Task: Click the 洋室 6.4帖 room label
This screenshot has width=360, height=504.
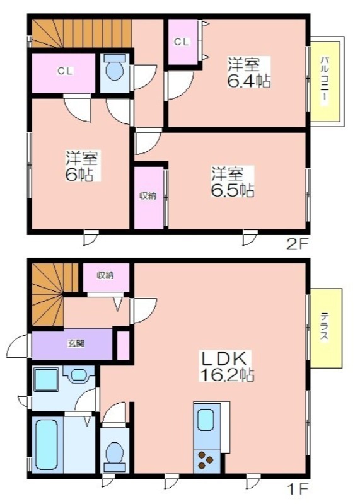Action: [x=248, y=72]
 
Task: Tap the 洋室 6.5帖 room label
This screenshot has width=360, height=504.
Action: [x=232, y=182]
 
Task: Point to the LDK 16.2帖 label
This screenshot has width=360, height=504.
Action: [x=227, y=366]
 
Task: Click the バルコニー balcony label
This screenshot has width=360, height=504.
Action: [x=325, y=81]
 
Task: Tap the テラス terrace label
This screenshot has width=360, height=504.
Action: [x=324, y=327]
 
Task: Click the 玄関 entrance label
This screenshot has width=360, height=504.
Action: [x=76, y=343]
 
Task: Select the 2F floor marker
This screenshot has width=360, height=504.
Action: [x=297, y=245]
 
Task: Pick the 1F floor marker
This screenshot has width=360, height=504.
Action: [x=298, y=490]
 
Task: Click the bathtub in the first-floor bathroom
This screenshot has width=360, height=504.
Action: [x=47, y=445]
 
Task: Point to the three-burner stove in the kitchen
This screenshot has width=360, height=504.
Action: [x=206, y=461]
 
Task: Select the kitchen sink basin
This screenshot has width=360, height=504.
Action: [x=206, y=420]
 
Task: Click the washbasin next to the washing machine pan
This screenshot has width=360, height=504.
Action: [x=79, y=374]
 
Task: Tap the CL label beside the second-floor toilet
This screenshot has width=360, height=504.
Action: [x=65, y=71]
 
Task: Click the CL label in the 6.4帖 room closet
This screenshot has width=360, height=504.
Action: [x=182, y=42]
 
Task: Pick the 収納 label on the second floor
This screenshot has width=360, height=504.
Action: [x=148, y=195]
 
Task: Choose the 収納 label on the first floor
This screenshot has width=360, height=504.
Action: [x=105, y=275]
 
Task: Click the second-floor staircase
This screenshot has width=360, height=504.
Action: [x=82, y=33]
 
